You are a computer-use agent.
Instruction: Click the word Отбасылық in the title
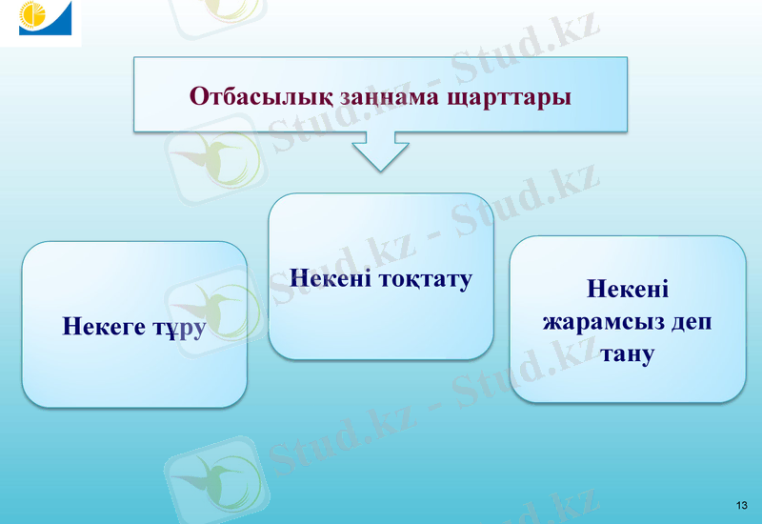click(x=251, y=97)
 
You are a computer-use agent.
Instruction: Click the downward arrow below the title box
click(x=380, y=152)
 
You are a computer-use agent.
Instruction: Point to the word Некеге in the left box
click(x=104, y=326)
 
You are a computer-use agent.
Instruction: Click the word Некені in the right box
click(x=627, y=288)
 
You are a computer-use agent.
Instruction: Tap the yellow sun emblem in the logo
click(x=32, y=17)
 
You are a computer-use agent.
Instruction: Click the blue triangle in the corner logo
click(x=59, y=24)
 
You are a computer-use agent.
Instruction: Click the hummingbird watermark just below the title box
click(x=214, y=157)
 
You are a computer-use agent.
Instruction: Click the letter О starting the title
click(x=198, y=97)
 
